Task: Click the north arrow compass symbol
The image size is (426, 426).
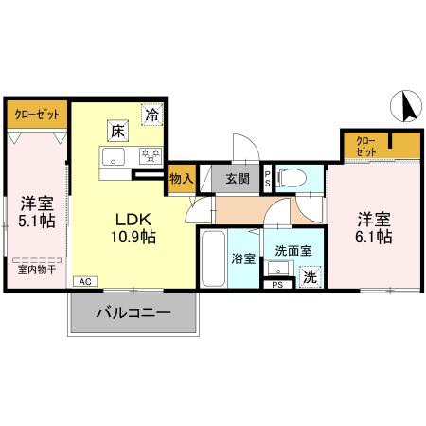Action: coord(408,105)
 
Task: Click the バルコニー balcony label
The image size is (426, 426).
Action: coord(132,313)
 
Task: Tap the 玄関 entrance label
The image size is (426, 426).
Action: coord(237,176)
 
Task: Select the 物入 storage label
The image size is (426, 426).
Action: coord(181,176)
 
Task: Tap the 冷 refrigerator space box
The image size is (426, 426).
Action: coord(151,115)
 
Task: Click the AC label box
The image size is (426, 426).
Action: coord(83,282)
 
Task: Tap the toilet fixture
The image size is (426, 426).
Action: coord(297,176)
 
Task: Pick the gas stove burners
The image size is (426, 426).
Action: coord(150,157)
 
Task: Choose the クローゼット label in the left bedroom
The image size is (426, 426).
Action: coord(36,114)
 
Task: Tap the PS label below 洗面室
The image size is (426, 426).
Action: coord(278,284)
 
